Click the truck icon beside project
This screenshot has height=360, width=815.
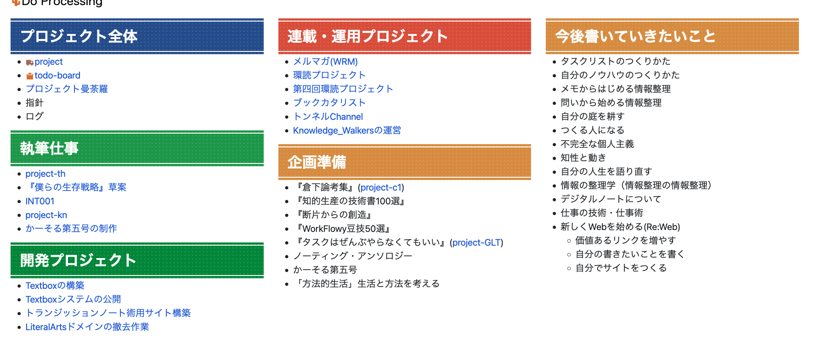point(29,62)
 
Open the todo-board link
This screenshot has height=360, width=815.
point(57,75)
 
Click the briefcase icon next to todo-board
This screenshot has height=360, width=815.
point(30,76)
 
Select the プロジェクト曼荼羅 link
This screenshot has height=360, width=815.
point(67,89)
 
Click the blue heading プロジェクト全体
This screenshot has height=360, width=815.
point(79,36)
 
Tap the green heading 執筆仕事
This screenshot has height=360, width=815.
point(50,148)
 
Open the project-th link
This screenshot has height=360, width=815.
point(45,174)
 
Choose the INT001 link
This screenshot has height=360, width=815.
point(40,201)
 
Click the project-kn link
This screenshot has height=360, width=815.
point(46,215)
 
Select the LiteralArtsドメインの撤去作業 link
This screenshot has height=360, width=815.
point(87,327)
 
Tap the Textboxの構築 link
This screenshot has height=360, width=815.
point(55,286)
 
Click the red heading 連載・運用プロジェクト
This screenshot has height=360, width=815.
point(368,36)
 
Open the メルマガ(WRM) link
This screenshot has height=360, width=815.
point(325,62)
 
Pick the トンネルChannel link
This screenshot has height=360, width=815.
point(328,117)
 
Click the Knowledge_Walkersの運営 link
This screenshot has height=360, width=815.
point(347,130)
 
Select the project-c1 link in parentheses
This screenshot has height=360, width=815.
point(381,187)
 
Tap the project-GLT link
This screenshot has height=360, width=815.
point(476,242)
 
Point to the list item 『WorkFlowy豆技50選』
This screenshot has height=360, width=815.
point(344,229)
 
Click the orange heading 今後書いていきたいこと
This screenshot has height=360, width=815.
point(635,36)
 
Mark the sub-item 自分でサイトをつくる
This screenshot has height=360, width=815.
point(621,268)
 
